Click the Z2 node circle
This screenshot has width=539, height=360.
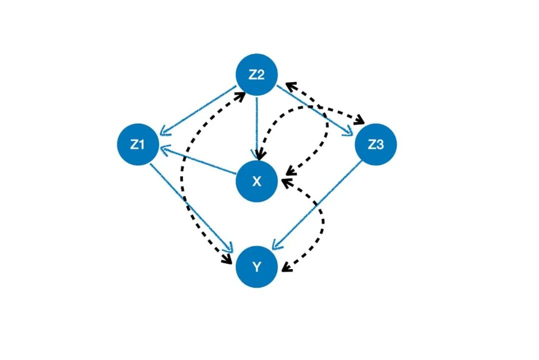[256, 75]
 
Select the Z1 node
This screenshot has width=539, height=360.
[137, 144]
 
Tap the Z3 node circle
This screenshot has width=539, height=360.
[375, 144]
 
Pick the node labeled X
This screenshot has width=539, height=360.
[256, 181]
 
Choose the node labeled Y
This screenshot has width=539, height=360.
[256, 267]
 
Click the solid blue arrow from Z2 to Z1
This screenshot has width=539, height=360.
[200, 111]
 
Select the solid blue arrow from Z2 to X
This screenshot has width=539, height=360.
[257, 125]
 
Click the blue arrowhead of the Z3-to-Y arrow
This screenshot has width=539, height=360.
[275, 247]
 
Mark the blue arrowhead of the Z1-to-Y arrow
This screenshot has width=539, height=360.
[231, 249]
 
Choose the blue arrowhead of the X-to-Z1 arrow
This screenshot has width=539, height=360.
[164, 150]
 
